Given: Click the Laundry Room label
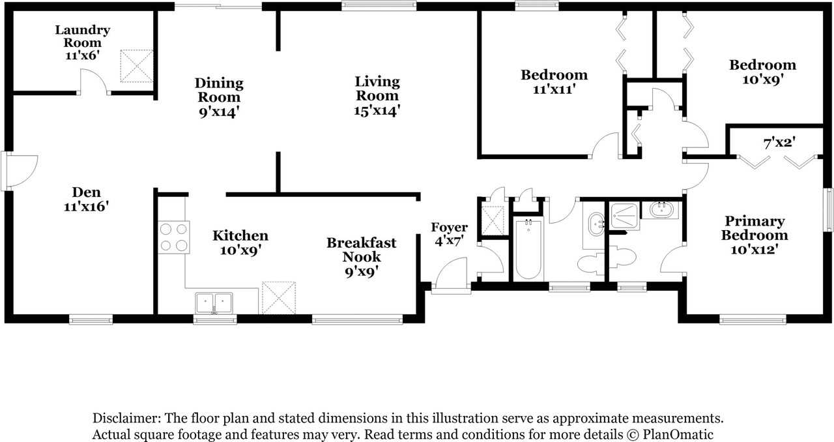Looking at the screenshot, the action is [82, 36].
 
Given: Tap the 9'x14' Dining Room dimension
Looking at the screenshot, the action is [219, 112].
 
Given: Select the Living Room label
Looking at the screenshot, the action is [377, 88].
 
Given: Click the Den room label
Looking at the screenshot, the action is [86, 192].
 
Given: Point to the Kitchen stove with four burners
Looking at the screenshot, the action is [173, 237].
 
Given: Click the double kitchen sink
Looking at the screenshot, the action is [214, 302].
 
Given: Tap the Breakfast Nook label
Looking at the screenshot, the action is [362, 250].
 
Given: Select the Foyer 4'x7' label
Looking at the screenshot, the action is [449, 234].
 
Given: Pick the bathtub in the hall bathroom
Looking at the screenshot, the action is [528, 248].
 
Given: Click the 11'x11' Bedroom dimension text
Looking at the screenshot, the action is [554, 89].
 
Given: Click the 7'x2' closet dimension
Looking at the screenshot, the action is [779, 142].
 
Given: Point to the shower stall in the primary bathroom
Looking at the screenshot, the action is [624, 216].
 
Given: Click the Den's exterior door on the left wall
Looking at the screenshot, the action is [20, 171].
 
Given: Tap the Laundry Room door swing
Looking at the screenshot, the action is [94, 81].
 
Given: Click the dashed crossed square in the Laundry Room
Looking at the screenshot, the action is [137, 66].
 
